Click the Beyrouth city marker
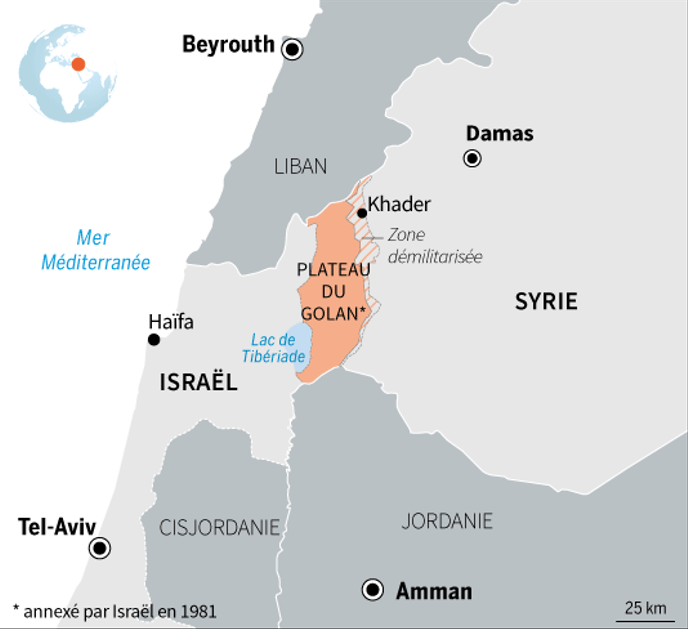292,49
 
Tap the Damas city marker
472,158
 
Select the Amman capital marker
374,590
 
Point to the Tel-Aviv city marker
100,548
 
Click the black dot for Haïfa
154,340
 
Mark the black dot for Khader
361,213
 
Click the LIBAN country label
301,167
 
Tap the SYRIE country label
546,301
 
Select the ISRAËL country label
198,381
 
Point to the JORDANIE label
447,521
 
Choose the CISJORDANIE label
220,528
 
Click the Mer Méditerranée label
95,250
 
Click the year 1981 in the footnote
199,610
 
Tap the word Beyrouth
228,44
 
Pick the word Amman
434,591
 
